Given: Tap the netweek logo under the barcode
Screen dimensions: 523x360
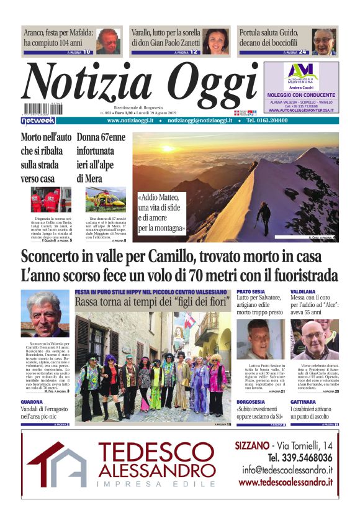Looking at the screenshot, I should coord(38,120).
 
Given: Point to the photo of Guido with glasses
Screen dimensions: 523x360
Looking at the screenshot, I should coord(323,41).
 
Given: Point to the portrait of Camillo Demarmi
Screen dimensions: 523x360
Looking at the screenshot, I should coord(45,313).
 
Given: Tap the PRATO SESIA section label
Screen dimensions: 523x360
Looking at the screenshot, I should coord(251,291).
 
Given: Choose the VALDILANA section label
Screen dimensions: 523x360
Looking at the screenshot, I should coord(304,291).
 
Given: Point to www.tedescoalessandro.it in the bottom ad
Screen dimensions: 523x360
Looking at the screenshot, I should coord(285,482).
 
